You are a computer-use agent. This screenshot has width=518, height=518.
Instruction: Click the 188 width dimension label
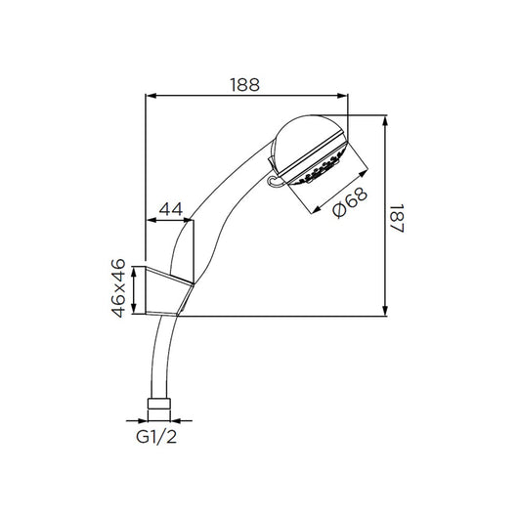[246, 84]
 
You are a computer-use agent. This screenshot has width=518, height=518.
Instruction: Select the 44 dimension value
[171, 208]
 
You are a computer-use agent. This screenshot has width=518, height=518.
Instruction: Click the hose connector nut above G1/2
[156, 404]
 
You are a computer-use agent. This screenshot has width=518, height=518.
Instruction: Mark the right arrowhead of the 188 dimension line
[344, 96]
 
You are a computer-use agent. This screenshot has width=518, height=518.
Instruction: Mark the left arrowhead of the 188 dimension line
[151, 96]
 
